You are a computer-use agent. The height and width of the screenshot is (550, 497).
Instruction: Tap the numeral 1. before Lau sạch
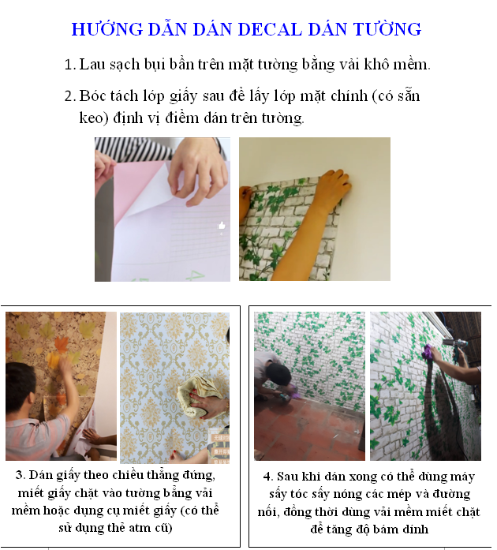[x=70, y=65]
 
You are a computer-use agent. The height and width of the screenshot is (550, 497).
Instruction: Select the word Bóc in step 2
[x=92, y=96]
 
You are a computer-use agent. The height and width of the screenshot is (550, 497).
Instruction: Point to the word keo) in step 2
[x=94, y=118]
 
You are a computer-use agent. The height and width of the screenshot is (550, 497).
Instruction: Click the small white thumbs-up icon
[x=222, y=226]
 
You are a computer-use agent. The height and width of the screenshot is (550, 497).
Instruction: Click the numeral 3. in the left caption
[x=21, y=476]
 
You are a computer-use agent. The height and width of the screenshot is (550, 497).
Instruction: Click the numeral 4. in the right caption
[x=268, y=477]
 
